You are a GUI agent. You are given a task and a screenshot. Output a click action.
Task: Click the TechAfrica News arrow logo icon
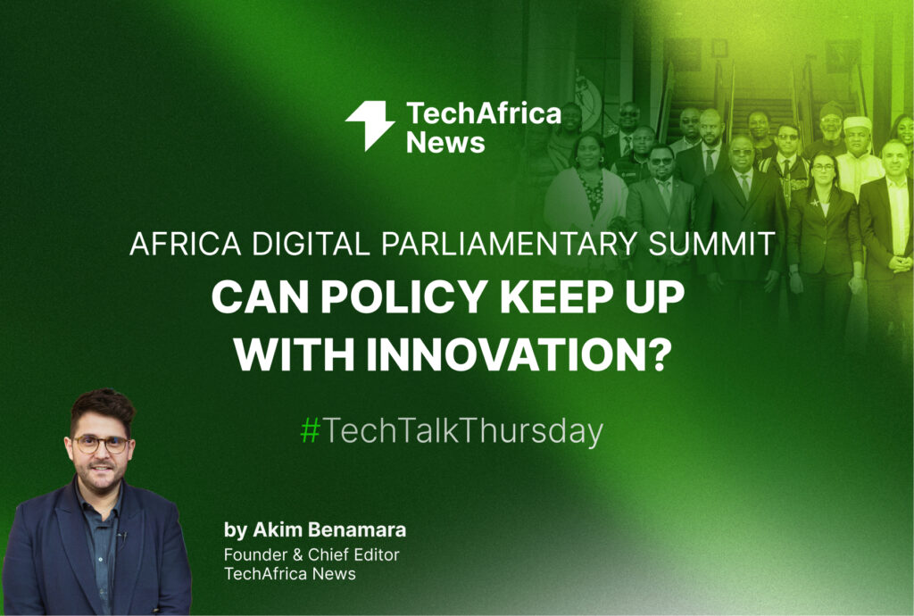370,125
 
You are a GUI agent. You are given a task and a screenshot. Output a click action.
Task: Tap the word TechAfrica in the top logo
483,113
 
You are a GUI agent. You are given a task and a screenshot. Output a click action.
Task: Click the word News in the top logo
445,143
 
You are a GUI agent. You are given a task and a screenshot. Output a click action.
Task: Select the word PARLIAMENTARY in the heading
509,244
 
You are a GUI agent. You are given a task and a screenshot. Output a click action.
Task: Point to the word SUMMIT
711,244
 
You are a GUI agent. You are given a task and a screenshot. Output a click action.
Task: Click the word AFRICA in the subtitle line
186,244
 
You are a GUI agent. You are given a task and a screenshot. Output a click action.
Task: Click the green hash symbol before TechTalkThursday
310,431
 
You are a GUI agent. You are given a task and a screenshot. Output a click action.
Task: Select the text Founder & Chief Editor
312,554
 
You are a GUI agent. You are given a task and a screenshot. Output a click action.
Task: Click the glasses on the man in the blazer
101,444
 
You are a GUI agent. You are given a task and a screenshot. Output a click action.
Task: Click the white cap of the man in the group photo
858,123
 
